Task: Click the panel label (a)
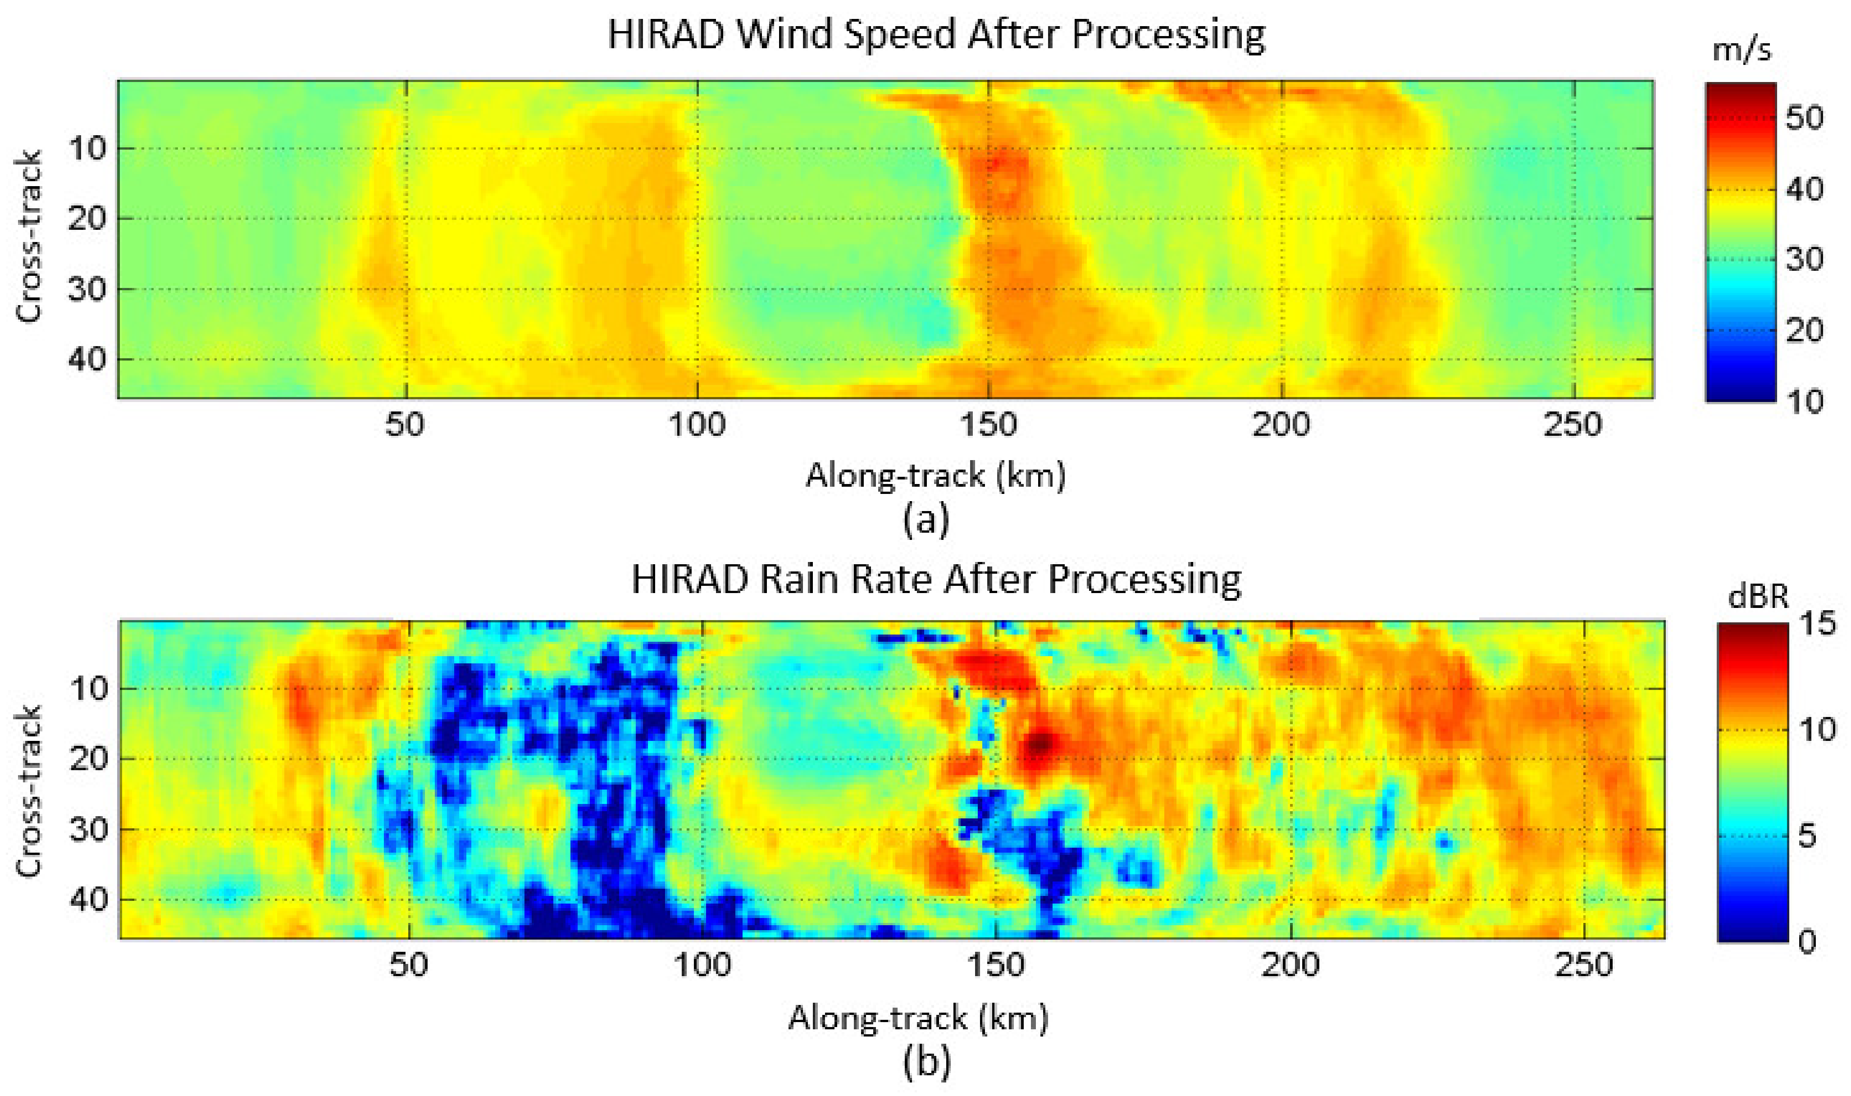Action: tap(926, 521)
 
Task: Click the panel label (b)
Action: tap(926, 1063)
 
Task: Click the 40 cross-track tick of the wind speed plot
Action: tap(87, 360)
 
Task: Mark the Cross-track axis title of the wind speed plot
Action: tap(30, 236)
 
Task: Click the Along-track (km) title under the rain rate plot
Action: tap(918, 1018)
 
